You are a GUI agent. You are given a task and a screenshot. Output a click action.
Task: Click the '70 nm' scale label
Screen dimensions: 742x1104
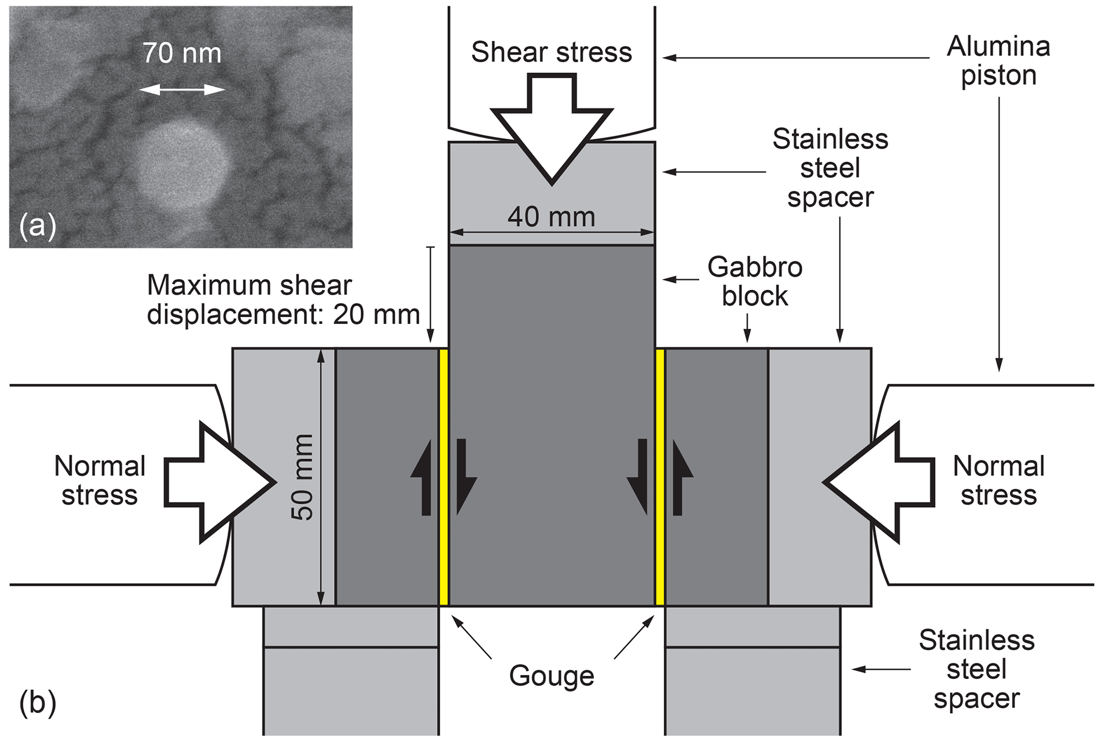pos(182,54)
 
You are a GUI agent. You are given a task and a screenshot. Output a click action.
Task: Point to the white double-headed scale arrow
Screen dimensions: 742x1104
pos(182,90)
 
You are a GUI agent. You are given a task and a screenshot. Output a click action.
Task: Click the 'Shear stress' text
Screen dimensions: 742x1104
pos(551,52)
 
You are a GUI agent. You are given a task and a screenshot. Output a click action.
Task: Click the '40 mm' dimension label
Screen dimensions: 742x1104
pos(551,217)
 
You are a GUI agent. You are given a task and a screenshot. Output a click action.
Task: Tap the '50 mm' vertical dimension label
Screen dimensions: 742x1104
pos(302,477)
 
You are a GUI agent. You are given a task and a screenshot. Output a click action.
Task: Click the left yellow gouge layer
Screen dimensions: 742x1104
pos(443,477)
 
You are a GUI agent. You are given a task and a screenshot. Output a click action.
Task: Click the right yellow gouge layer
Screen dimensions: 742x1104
pos(660,477)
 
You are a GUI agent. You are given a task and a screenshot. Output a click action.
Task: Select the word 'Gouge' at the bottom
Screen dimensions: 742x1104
pos(551,676)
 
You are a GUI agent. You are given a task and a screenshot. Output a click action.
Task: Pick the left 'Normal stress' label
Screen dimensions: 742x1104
pos(99,481)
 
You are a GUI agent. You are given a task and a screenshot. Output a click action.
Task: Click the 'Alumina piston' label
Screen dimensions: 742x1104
pos(998,61)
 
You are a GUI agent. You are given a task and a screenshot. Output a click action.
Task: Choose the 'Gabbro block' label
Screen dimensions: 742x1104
pos(755,281)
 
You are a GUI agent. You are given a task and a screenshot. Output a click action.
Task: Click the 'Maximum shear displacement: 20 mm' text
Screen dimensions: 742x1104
pos(283,300)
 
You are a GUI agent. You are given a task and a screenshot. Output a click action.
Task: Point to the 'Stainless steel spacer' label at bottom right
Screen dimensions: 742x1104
pos(976,669)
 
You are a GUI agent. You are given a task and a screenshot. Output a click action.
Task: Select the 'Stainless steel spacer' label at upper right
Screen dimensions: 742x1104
pos(830,168)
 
